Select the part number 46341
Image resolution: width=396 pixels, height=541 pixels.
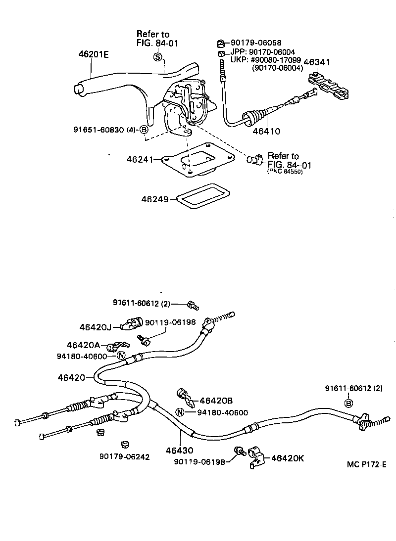pos(317,62)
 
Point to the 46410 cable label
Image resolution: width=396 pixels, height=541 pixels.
pos(267,132)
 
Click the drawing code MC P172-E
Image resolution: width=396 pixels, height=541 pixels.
pos(366,464)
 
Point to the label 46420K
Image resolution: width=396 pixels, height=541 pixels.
pos(287,458)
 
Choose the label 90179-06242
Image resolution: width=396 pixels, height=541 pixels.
pos(124,457)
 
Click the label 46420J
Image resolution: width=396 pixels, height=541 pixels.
pos(96,327)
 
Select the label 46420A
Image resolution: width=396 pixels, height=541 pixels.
pos(83,345)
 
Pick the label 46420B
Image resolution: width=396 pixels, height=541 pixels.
pos(215,400)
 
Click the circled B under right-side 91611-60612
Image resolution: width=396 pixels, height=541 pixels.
pos(348,404)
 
